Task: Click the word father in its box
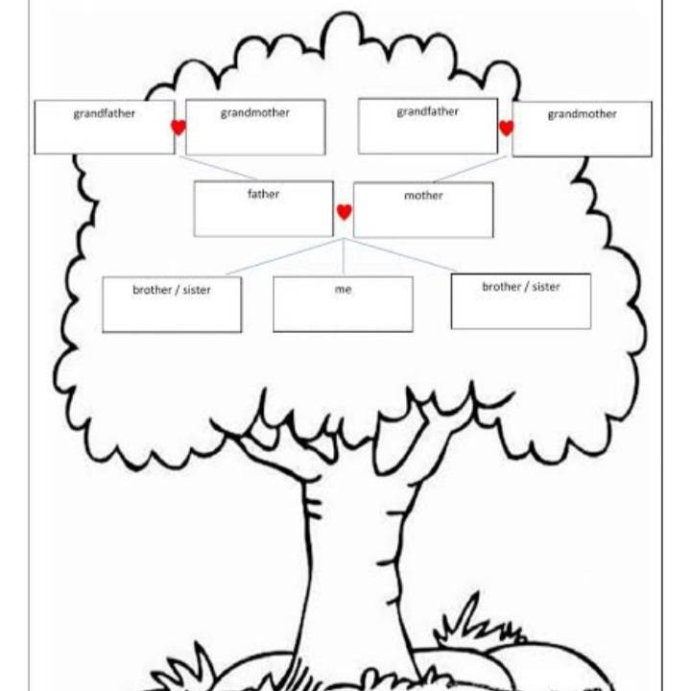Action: [x=263, y=194]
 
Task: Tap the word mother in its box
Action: [x=423, y=195]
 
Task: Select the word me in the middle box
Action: [x=343, y=290]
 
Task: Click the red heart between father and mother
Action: [x=345, y=212]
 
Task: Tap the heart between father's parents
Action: [x=179, y=128]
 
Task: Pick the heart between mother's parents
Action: [x=506, y=128]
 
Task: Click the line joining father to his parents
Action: [x=219, y=168]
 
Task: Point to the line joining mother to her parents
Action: [x=470, y=169]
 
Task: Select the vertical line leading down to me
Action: [x=344, y=258]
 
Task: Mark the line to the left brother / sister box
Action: [x=285, y=257]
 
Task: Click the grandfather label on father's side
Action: [x=104, y=113]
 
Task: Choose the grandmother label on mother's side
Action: [x=582, y=114]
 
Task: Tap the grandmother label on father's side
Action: [x=254, y=113]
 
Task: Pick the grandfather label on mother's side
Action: [x=427, y=112]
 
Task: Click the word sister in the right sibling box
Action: [x=545, y=287]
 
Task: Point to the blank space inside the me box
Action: [x=343, y=313]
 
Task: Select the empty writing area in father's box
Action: [x=264, y=218]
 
